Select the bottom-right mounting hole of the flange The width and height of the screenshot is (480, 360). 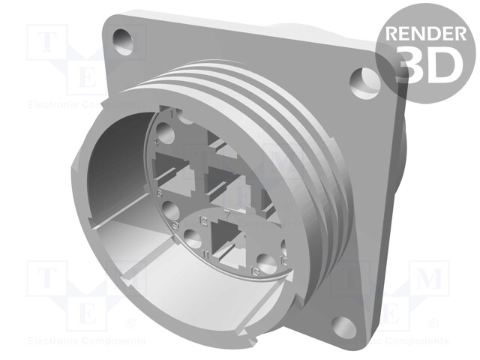click(x=343, y=325)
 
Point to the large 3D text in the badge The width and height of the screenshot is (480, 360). click(x=425, y=65)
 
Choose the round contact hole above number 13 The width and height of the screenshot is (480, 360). click(x=263, y=262)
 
